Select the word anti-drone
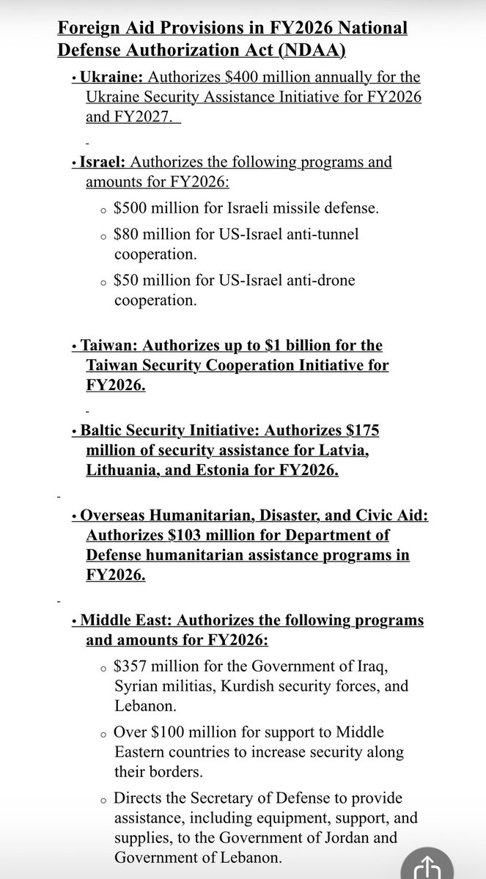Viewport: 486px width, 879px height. point(317,281)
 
